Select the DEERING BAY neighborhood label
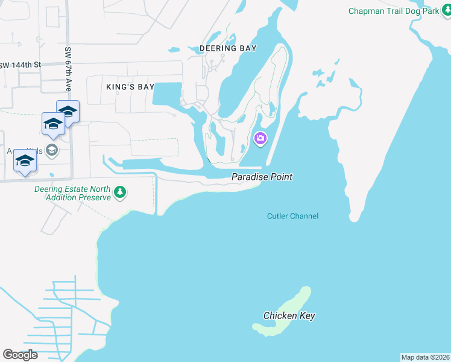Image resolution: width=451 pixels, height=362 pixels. click(x=229, y=48)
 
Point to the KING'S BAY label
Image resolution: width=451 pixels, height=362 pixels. click(x=130, y=87)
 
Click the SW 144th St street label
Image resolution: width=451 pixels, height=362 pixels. click(x=20, y=65)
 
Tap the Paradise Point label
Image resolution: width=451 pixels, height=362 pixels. click(x=262, y=177)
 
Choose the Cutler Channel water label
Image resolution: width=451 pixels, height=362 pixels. click(x=292, y=216)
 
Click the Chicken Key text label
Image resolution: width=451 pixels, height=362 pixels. click(x=289, y=316)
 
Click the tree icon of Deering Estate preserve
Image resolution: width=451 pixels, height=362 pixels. click(x=121, y=192)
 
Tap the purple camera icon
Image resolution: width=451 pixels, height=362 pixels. click(x=260, y=139)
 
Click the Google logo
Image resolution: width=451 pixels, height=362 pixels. click(x=20, y=354)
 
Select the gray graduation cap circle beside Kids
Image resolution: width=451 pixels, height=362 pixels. click(x=52, y=150)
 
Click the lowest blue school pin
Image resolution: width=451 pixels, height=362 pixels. click(x=25, y=160)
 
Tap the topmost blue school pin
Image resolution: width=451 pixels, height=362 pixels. click(x=68, y=112)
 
